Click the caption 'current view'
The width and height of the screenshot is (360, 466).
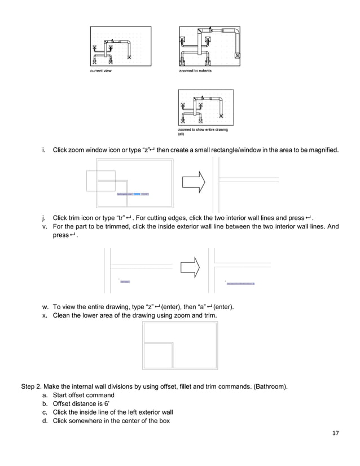click(x=102, y=71)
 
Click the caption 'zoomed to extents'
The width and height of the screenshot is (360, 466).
click(x=195, y=71)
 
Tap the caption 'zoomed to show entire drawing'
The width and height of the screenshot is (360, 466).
click(x=203, y=130)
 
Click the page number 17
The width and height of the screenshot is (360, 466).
click(x=336, y=433)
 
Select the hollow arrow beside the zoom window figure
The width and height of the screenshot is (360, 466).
click(x=192, y=182)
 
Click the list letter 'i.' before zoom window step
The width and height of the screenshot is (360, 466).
click(x=44, y=151)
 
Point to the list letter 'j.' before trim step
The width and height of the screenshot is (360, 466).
click(x=44, y=218)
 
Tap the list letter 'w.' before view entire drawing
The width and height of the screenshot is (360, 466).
click(x=45, y=306)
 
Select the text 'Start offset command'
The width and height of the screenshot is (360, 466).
click(x=84, y=395)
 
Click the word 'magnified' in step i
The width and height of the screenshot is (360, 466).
click(x=323, y=151)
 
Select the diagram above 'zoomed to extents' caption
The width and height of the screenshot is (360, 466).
click(x=209, y=47)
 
